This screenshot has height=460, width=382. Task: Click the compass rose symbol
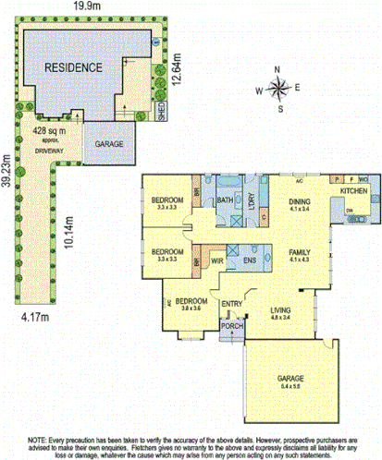tap(277, 88)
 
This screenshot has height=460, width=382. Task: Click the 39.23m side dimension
tap(8, 183)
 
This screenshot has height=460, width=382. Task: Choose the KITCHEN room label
tap(353, 189)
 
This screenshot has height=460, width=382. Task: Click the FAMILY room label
tap(298, 252)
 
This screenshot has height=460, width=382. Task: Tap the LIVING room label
tap(279, 310)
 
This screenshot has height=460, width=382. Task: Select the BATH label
tap(225, 200)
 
